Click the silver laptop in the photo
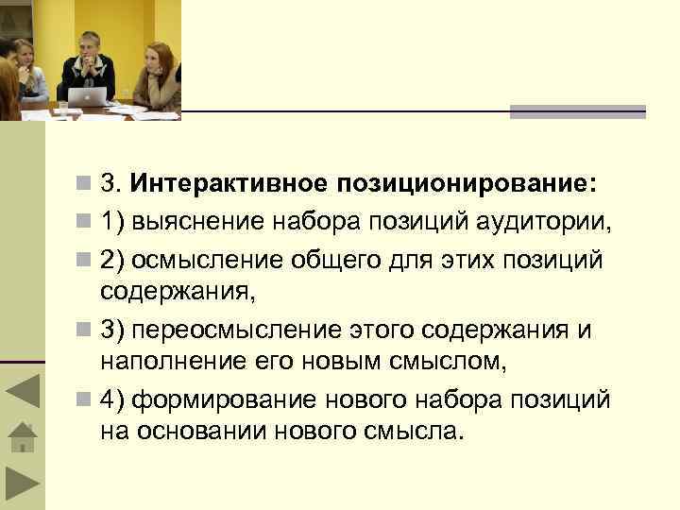93,95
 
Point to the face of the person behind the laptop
90,47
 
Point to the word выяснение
199,222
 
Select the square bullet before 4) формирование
85,400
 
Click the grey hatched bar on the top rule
577,111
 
